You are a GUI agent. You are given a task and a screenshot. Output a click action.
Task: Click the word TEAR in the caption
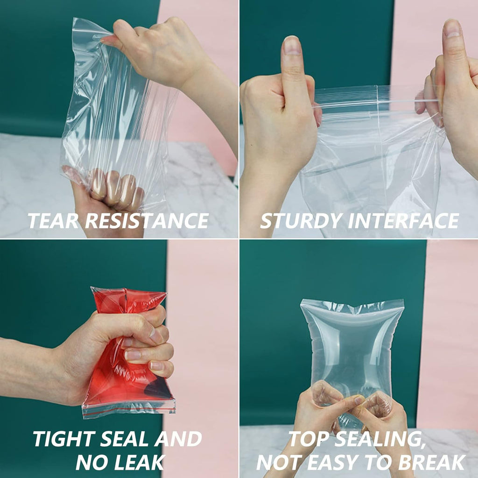52,220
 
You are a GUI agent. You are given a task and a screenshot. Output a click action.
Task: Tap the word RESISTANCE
147,220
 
